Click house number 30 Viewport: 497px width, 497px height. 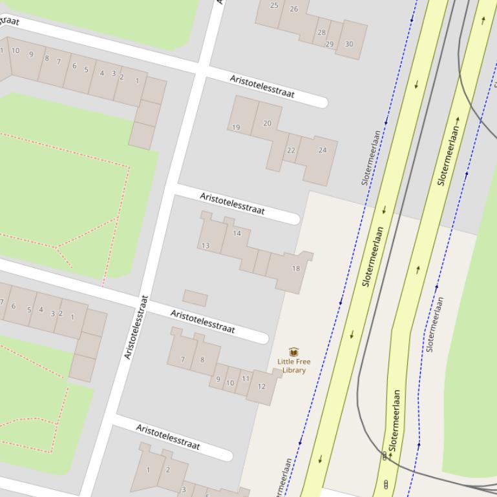coord(349,44)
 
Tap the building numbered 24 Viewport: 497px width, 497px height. coord(323,150)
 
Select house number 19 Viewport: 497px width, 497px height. coord(236,127)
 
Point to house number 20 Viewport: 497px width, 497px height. coord(267,123)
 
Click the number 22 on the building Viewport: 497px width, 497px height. coord(291,150)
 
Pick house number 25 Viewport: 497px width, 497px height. coord(274,5)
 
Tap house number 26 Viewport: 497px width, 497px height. coord(294,9)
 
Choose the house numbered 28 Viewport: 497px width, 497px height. coord(321,32)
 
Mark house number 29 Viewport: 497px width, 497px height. coord(330,44)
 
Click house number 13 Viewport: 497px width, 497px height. coord(206,245)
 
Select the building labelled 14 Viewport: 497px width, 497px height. coord(237,234)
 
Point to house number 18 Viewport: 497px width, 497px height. coord(296,269)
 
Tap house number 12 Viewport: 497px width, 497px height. coord(261,387)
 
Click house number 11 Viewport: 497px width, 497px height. coord(246,379)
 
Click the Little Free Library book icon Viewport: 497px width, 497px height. coord(294,352)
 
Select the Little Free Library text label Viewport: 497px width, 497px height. coord(293,366)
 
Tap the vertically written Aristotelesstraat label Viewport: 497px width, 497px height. coord(136,327)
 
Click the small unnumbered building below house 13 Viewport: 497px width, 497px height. coord(195,298)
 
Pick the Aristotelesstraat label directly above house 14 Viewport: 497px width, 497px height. coord(232,203)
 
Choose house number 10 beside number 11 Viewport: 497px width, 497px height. coord(230,383)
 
